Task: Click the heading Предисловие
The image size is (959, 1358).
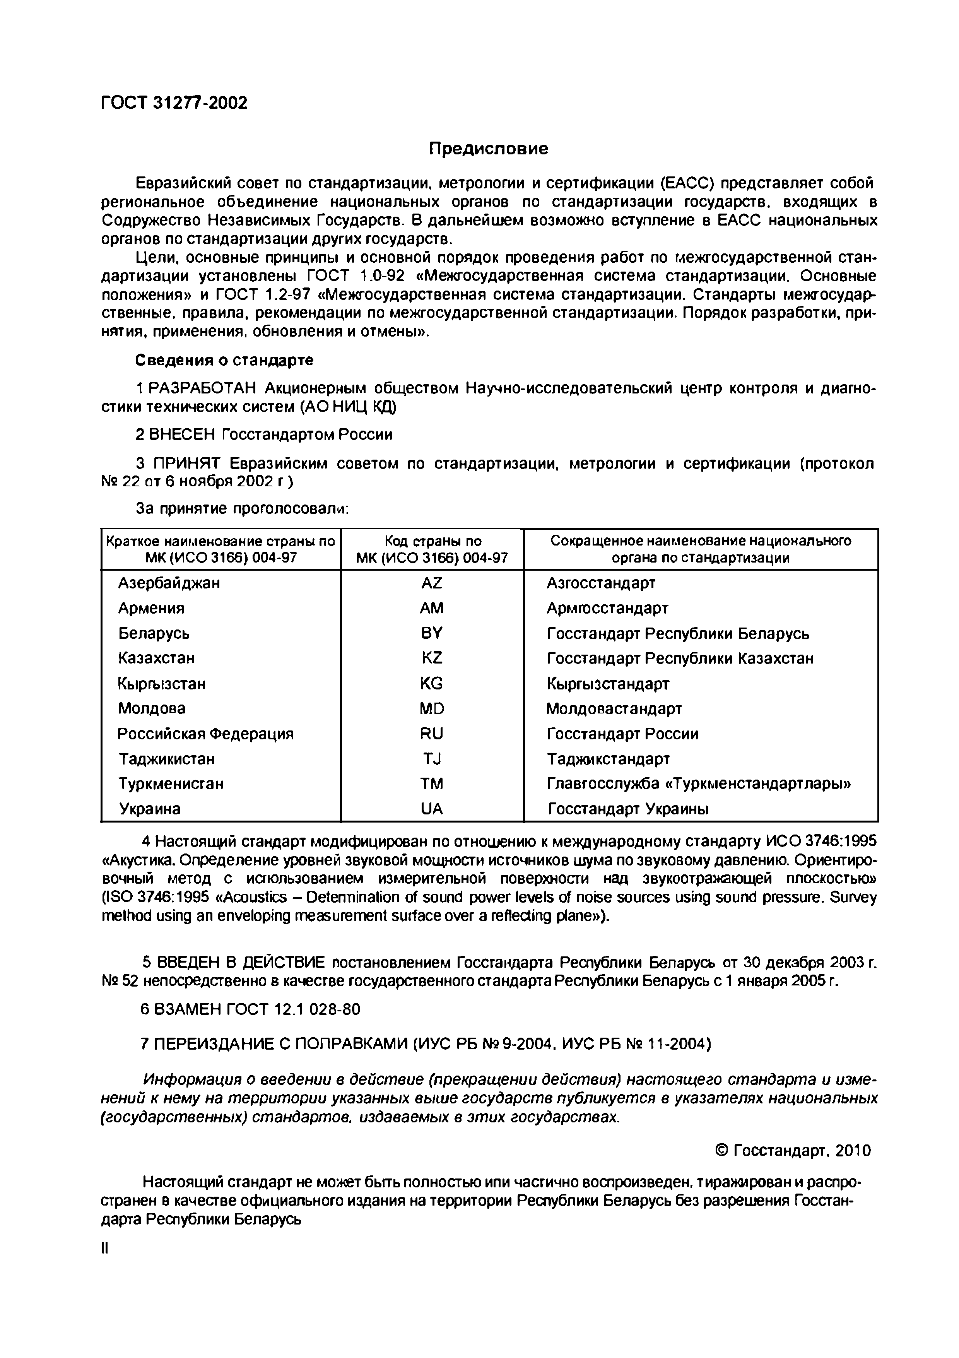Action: pyautogui.click(x=488, y=149)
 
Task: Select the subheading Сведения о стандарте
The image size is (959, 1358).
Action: pyautogui.click(x=225, y=360)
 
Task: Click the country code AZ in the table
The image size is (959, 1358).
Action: pyautogui.click(x=432, y=583)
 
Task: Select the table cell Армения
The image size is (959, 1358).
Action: pyautogui.click(x=151, y=608)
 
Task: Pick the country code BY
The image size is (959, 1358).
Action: pyautogui.click(x=432, y=633)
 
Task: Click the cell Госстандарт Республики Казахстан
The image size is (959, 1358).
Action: pyautogui.click(x=680, y=658)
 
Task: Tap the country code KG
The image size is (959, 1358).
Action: pyautogui.click(x=432, y=684)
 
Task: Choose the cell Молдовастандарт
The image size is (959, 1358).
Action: pyautogui.click(x=614, y=708)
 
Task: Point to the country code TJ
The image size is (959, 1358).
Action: pyautogui.click(x=432, y=759)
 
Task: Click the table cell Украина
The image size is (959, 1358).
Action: pyautogui.click(x=150, y=809)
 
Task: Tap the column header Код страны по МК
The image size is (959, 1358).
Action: pyautogui.click(x=432, y=549)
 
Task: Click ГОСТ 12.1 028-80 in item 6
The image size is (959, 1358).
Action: pyautogui.click(x=293, y=1009)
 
